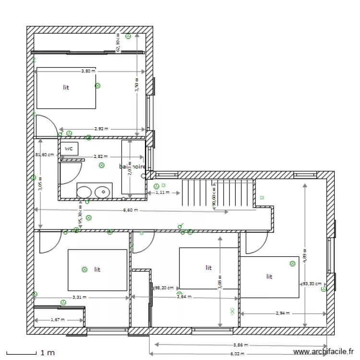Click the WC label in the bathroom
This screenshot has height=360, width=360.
point(69,149)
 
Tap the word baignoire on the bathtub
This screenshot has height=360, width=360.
point(132,167)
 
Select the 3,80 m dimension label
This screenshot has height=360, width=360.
point(88,71)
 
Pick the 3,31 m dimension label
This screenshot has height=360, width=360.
point(79,297)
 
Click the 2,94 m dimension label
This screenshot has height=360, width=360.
point(283,313)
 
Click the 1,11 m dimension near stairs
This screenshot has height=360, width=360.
point(163,192)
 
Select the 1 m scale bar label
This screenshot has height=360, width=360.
point(48,353)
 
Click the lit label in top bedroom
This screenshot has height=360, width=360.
point(66,87)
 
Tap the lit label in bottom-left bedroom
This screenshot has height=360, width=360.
point(97,269)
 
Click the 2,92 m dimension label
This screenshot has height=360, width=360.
point(101,129)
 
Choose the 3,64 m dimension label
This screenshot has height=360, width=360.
point(184,297)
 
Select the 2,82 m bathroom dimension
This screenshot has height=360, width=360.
point(100,156)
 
